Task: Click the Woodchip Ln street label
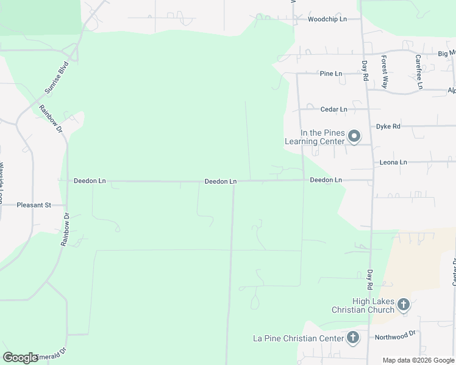[x=327, y=19]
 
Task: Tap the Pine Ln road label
[x=331, y=74]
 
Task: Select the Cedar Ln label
[x=333, y=109]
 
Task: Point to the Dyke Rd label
[x=388, y=127]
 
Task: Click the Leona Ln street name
[x=393, y=162]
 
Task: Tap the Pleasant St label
[x=34, y=206]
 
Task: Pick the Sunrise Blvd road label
[x=55, y=80]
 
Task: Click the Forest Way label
[x=385, y=72]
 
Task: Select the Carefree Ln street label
[x=419, y=72]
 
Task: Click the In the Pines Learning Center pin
[x=354, y=136]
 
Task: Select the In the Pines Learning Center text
[x=315, y=137]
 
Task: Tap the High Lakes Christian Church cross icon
[x=404, y=304]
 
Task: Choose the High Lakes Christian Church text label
[x=363, y=305]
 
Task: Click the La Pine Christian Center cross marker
[x=353, y=338]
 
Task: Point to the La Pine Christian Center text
[x=299, y=338]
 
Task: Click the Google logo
[x=21, y=357]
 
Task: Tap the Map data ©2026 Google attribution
[x=418, y=360]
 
